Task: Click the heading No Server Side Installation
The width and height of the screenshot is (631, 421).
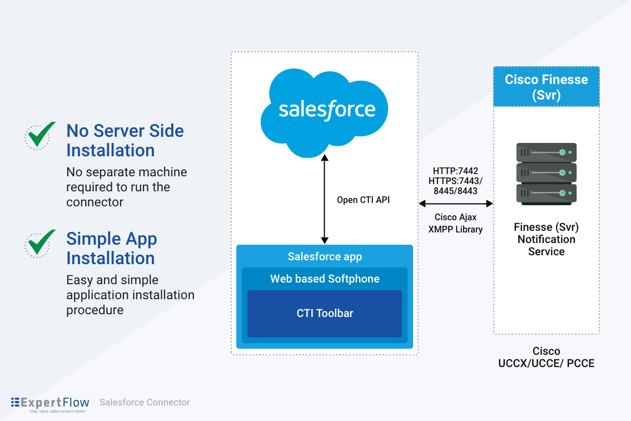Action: (125, 140)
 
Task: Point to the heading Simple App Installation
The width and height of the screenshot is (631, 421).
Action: (111, 248)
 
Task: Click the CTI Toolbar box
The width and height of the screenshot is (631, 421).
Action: (325, 314)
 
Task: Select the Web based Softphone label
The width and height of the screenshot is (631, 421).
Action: (325, 279)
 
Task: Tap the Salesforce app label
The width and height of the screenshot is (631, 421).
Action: (325, 256)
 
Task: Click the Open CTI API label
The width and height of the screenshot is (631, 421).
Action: (363, 200)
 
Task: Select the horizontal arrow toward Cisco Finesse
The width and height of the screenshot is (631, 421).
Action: (456, 204)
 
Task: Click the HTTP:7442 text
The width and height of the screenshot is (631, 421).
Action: (455, 171)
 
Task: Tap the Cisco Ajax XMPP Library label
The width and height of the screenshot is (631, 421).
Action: (455, 224)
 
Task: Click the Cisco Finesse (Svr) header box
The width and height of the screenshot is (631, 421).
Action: (546, 87)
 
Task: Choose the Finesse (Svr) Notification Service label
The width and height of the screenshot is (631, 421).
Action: (546, 239)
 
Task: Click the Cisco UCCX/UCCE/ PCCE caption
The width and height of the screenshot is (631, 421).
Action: (546, 357)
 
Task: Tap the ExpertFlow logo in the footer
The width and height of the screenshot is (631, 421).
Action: (50, 403)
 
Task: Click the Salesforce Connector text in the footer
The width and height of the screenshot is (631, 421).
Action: (145, 402)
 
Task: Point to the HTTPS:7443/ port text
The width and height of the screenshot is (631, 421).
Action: (455, 181)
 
